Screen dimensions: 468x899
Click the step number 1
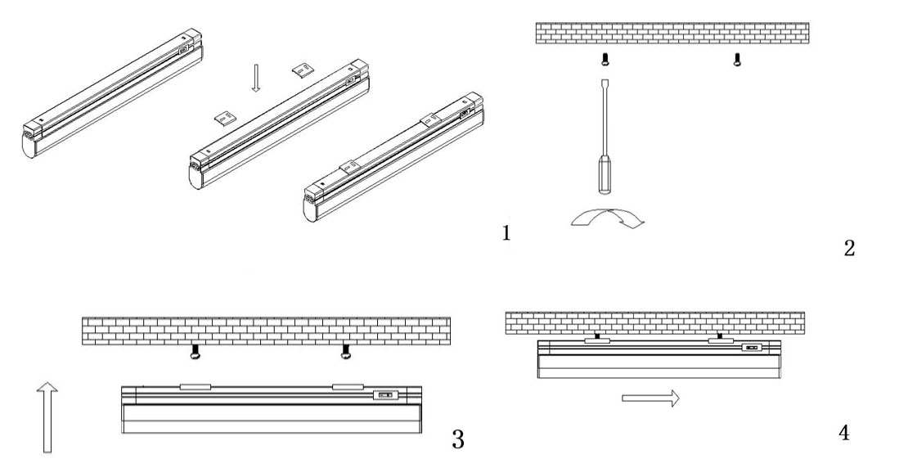point(506,234)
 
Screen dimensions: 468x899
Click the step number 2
point(848,248)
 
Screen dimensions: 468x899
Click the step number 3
point(459,439)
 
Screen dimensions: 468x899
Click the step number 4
point(843,431)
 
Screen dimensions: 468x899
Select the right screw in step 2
point(737,60)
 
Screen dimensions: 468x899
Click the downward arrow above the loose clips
point(255,79)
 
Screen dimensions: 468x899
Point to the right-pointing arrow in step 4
point(650,398)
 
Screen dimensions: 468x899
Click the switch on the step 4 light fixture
point(752,349)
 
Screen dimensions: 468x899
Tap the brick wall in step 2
point(672,34)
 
